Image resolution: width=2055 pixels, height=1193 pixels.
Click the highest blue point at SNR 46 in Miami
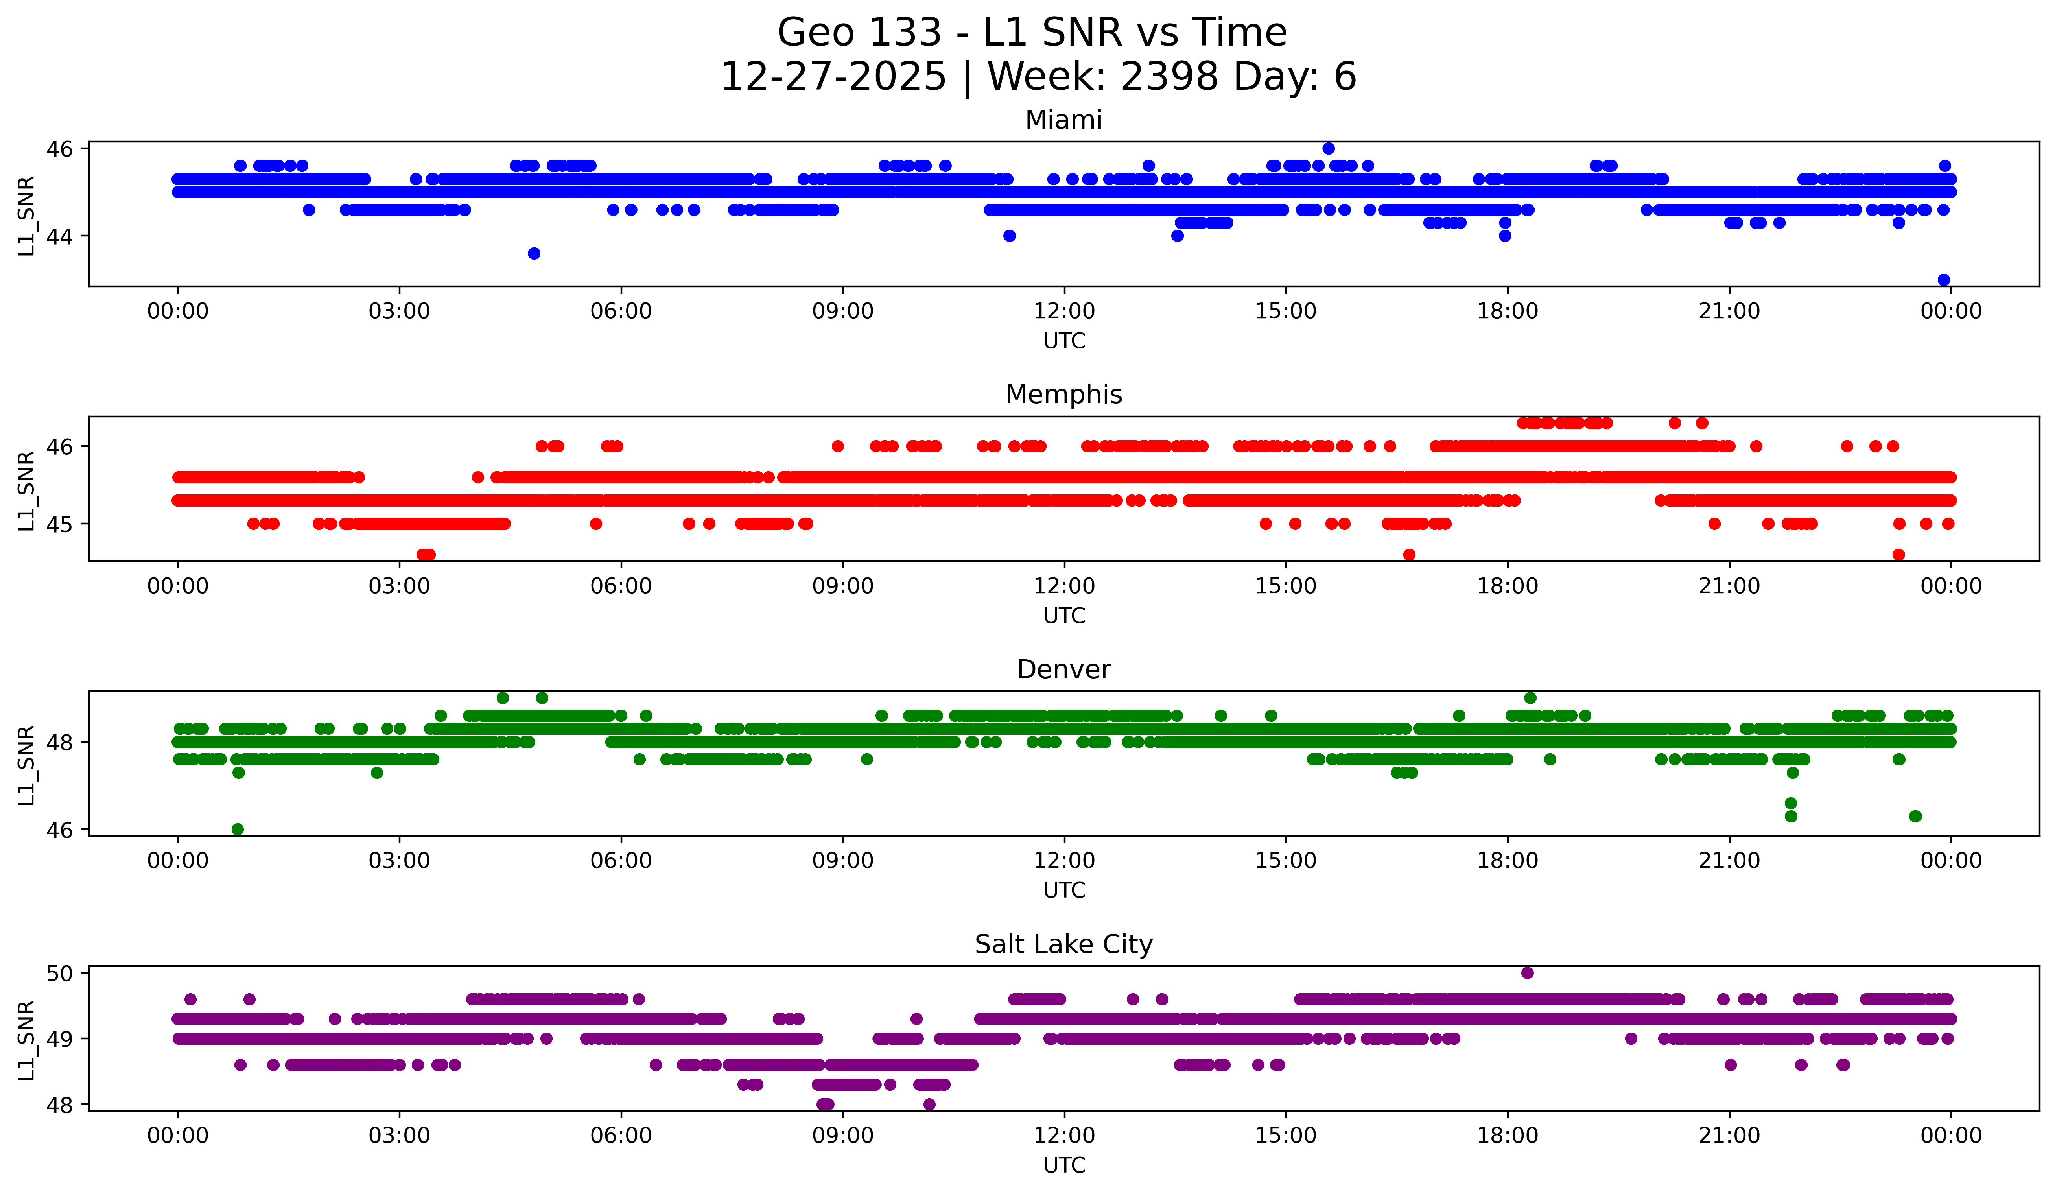(x=1329, y=148)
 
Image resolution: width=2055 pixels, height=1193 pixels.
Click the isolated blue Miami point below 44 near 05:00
(x=534, y=254)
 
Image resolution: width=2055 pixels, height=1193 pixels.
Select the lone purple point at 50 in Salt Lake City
(x=1528, y=973)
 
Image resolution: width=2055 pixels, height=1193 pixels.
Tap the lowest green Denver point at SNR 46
(x=237, y=829)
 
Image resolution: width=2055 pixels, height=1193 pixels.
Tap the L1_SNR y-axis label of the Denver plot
(x=26, y=765)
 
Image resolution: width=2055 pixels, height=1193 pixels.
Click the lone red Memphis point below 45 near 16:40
(x=1409, y=555)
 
